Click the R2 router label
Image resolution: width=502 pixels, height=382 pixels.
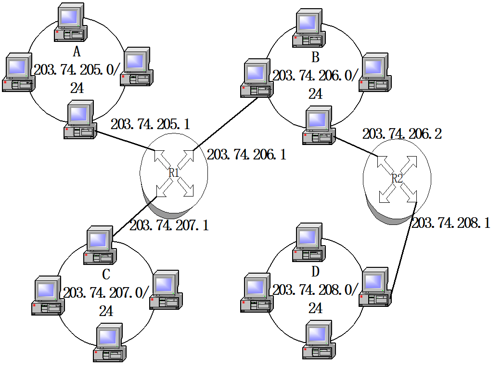(x=397, y=178)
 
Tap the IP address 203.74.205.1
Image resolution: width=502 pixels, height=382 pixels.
(x=150, y=124)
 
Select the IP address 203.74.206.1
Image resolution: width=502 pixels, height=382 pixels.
(x=246, y=155)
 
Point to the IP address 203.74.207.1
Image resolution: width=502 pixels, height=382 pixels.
(x=169, y=225)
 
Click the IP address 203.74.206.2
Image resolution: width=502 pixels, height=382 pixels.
(x=402, y=134)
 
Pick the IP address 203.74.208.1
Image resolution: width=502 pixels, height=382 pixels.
(x=451, y=223)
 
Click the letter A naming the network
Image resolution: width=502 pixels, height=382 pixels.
(x=76, y=52)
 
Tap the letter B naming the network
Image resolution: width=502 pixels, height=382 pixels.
(x=315, y=58)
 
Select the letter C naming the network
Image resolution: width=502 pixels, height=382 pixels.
(x=106, y=275)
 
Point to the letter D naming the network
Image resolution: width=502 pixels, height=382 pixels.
(x=315, y=272)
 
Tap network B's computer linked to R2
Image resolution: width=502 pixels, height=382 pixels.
(x=319, y=127)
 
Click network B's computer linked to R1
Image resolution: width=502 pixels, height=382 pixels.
(x=257, y=79)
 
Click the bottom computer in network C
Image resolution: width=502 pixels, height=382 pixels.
(x=109, y=343)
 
